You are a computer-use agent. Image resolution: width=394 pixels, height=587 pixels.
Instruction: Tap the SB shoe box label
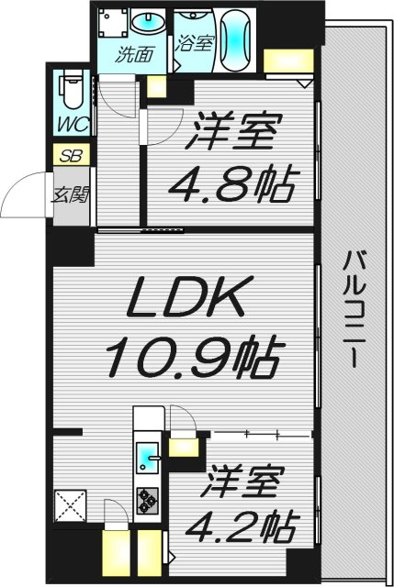coord(71,156)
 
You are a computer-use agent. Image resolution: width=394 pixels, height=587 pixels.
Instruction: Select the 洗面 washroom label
coord(133,54)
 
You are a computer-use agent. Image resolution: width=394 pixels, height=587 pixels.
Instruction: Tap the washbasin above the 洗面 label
coord(145,21)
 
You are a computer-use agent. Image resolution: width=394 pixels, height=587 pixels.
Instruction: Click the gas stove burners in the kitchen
coord(147,500)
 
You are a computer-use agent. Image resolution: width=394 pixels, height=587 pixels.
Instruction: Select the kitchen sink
coord(146,455)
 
